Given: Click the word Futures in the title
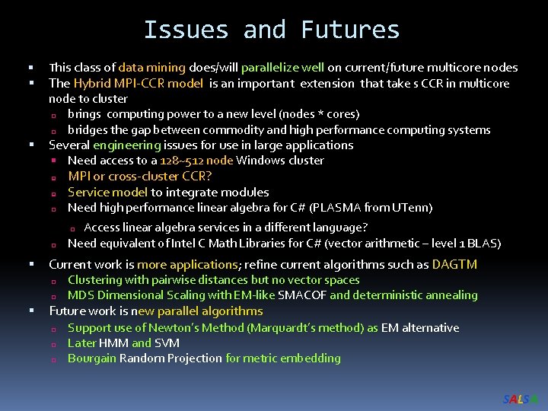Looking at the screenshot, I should (350, 30).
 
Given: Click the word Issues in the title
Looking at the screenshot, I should (186, 30).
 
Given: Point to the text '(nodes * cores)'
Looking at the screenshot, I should (319, 114).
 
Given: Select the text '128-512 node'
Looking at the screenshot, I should (196, 161).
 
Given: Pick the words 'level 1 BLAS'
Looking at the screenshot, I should (466, 244).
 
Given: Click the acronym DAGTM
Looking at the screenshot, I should (454, 264).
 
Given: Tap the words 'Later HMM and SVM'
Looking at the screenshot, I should (123, 342).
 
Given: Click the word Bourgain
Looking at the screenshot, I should (92, 358).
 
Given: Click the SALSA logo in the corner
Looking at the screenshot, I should (521, 399).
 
